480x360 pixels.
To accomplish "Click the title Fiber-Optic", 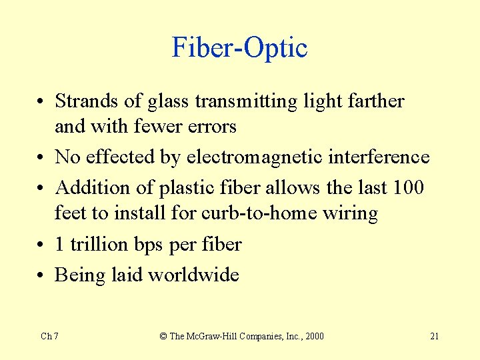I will click(x=239, y=48).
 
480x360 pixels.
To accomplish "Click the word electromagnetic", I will click(x=255, y=157).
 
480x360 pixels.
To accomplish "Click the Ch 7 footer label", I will click(x=49, y=336).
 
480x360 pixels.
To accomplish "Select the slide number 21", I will click(x=434, y=336).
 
